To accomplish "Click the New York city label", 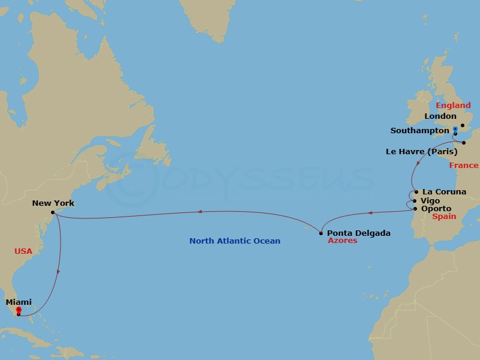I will (x=53, y=203).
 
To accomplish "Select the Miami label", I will (x=19, y=302).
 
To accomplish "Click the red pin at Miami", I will (x=19, y=310).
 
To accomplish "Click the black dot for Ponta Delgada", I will (x=322, y=233).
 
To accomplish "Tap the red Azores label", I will (x=342, y=241).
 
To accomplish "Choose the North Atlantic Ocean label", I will (x=235, y=241).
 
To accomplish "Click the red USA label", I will (x=23, y=251).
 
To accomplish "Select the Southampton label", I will (x=419, y=130).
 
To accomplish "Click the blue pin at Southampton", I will (x=455, y=129).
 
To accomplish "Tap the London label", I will (x=440, y=116).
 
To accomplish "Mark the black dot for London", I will (x=463, y=125).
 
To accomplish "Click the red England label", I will (x=453, y=106).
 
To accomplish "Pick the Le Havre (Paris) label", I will (x=421, y=152).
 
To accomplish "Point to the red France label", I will (x=464, y=166).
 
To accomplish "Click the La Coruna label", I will (x=444, y=192).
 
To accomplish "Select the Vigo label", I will (x=431, y=200).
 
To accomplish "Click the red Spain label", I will (x=445, y=217).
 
